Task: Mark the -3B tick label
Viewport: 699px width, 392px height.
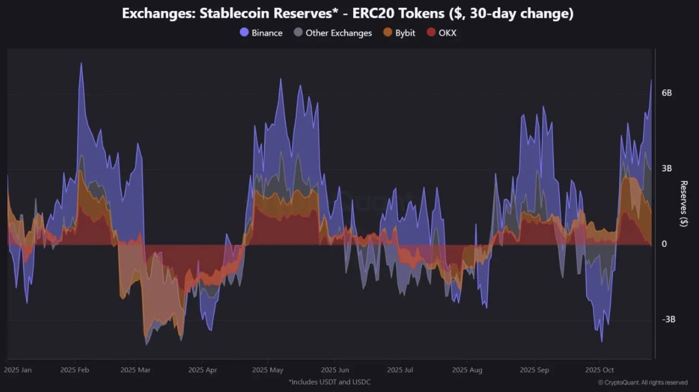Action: coord(668,319)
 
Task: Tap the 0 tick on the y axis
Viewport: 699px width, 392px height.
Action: coord(664,244)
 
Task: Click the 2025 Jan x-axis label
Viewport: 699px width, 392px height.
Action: coord(18,370)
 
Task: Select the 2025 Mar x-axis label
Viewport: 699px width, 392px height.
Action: coord(136,370)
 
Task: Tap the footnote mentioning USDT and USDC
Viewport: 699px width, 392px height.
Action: coord(330,382)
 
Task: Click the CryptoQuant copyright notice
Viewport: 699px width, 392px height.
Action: coord(643,382)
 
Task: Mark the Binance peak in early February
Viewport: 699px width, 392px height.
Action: coord(81,63)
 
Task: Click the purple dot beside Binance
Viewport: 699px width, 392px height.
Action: coord(244,33)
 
